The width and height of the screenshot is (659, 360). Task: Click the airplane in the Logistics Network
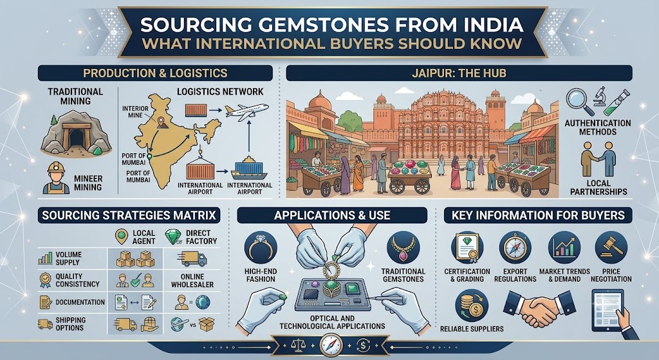tap(246, 111)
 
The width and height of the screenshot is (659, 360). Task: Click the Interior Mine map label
tap(135, 111)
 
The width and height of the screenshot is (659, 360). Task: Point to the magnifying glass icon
tap(579, 101)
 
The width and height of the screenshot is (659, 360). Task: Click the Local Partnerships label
tap(599, 187)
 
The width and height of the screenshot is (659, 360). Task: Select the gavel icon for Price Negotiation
tap(611, 247)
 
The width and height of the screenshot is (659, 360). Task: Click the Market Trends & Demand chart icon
tap(564, 247)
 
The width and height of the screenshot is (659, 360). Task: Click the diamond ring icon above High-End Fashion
tap(260, 248)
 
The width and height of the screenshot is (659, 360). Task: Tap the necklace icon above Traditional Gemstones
tap(403, 248)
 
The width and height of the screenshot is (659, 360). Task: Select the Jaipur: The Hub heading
tap(459, 73)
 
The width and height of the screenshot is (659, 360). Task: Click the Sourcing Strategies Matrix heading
tap(129, 216)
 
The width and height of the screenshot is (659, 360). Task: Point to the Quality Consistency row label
tap(77, 280)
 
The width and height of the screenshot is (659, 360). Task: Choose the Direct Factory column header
tap(201, 237)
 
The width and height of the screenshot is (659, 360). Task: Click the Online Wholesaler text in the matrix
tap(192, 281)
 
